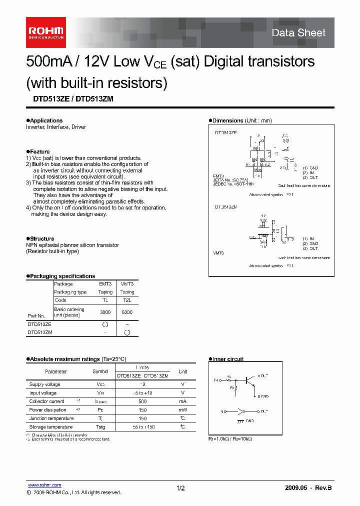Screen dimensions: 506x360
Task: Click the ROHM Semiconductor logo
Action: (x=45, y=32)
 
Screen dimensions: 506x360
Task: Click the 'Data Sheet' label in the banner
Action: (x=298, y=33)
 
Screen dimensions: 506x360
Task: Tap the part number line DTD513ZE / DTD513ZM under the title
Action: (x=69, y=99)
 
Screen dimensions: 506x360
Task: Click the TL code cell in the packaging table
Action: (x=105, y=300)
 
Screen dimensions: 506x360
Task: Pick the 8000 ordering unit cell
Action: (x=127, y=312)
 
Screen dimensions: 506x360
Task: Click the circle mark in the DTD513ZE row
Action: (x=105, y=324)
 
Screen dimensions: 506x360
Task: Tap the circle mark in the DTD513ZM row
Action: (x=127, y=332)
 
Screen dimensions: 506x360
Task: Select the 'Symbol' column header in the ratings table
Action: (x=100, y=371)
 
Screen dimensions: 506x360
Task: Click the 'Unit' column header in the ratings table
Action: (x=183, y=371)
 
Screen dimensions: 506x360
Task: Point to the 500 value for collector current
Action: (x=142, y=401)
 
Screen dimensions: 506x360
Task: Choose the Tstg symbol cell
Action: (x=100, y=427)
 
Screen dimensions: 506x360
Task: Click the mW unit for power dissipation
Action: (x=183, y=410)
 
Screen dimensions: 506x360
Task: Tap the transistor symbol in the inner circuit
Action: (x=248, y=381)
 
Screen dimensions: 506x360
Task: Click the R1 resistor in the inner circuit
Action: (x=229, y=379)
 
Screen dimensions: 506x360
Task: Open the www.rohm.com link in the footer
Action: (x=44, y=485)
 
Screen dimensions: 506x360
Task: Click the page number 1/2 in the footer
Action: (x=181, y=487)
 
